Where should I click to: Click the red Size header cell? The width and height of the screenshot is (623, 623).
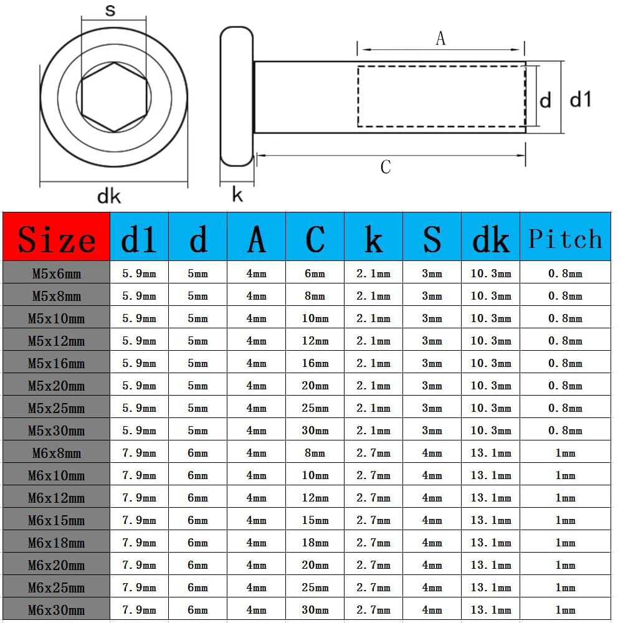click(56, 237)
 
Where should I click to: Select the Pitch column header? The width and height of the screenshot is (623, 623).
click(565, 237)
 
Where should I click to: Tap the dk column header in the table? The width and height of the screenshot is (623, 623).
click(491, 237)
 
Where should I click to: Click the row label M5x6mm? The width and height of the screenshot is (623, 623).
click(56, 273)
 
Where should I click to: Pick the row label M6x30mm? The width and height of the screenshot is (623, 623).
click(56, 610)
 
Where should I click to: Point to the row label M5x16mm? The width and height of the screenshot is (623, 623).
click(56, 363)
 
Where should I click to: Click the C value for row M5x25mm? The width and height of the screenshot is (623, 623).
click(315, 408)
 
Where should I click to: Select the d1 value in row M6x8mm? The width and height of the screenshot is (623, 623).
click(139, 453)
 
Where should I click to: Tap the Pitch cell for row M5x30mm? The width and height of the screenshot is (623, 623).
click(565, 430)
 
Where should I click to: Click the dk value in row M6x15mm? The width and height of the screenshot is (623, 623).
click(491, 520)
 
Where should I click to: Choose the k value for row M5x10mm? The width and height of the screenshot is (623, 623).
click(373, 318)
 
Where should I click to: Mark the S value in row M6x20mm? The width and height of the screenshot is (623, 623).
click(432, 565)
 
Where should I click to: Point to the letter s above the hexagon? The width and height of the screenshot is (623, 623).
click(111, 11)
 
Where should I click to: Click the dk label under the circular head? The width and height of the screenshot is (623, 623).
click(108, 197)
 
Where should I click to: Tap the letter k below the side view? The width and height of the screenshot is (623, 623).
click(237, 195)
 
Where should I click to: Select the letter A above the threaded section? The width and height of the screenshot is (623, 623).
click(440, 39)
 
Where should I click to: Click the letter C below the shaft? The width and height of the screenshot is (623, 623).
click(386, 167)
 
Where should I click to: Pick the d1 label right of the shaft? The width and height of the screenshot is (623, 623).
click(581, 98)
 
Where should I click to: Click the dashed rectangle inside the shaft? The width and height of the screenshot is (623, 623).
click(441, 96)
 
